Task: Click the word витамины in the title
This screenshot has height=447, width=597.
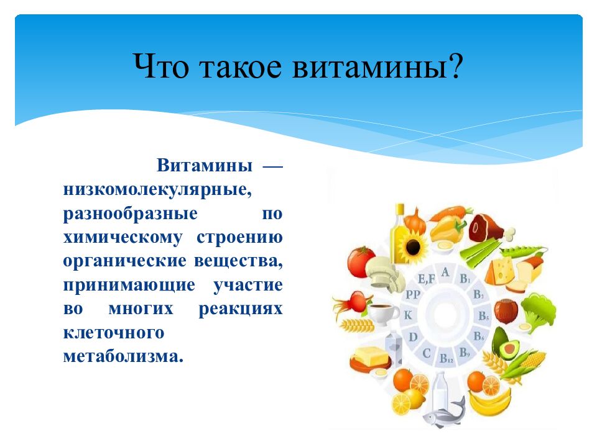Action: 369,66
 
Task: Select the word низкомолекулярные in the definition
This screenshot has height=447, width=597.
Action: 157,189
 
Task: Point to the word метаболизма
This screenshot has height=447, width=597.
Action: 123,356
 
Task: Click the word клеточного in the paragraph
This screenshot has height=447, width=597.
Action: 113,333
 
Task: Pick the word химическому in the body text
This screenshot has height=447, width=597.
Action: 123,238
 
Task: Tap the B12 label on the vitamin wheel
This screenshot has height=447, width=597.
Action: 447,358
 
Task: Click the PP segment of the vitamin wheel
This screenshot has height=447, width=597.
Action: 413,294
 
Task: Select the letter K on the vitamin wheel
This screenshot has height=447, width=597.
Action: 408,315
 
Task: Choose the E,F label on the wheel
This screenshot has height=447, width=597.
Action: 426,279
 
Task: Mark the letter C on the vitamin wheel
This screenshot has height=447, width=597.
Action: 427,353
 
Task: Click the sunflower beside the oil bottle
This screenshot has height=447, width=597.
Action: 412,248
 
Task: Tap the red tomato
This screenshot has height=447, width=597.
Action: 361,262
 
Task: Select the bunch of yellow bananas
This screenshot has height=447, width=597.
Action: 489,402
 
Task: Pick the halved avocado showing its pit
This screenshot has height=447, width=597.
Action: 506,345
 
